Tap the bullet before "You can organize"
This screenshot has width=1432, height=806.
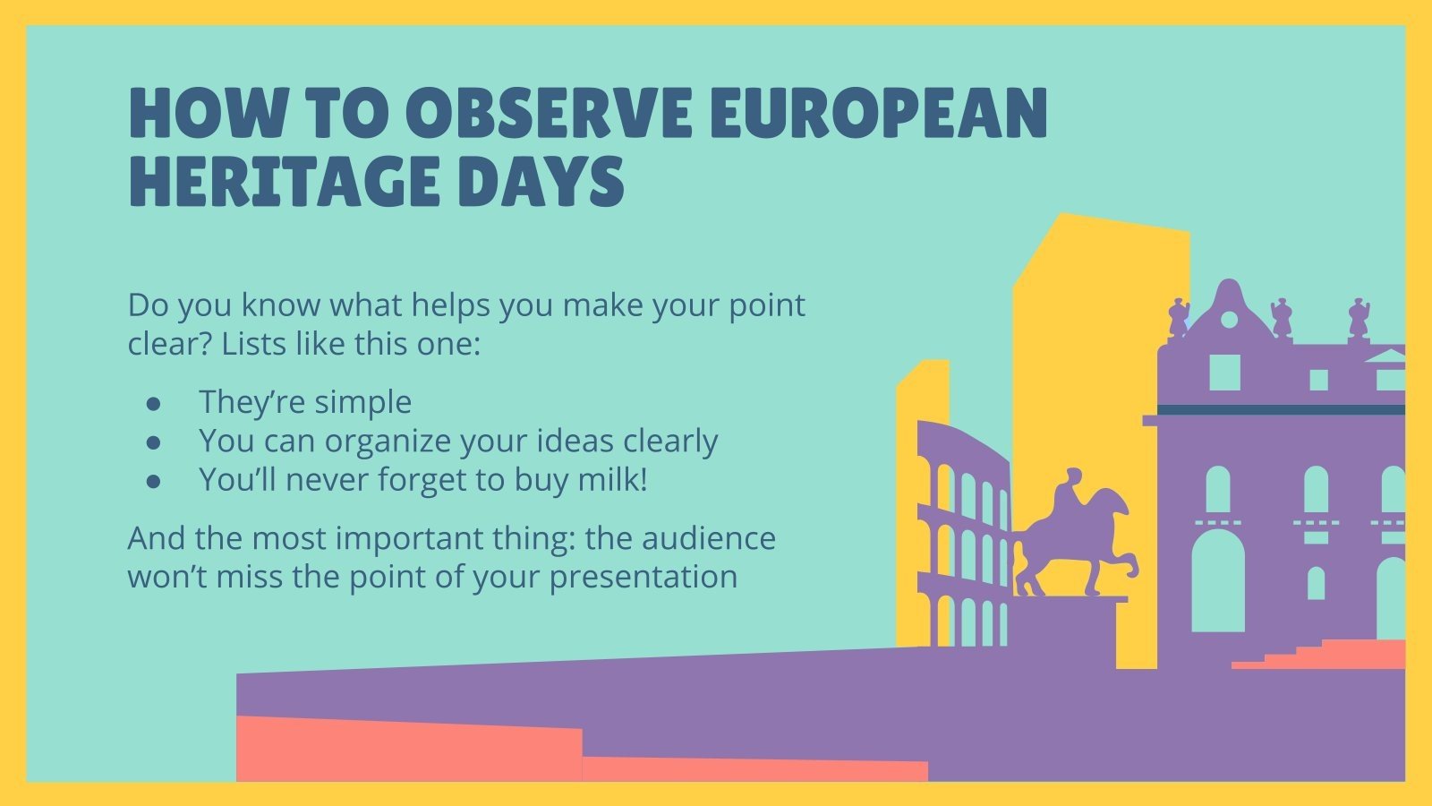[154, 442]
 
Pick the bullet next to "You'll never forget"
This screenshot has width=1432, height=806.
[154, 482]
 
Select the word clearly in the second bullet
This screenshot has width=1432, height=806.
[670, 442]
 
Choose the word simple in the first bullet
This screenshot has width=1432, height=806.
[362, 402]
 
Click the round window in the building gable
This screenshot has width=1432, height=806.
[1229, 320]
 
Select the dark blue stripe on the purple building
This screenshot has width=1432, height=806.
[1280, 410]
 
